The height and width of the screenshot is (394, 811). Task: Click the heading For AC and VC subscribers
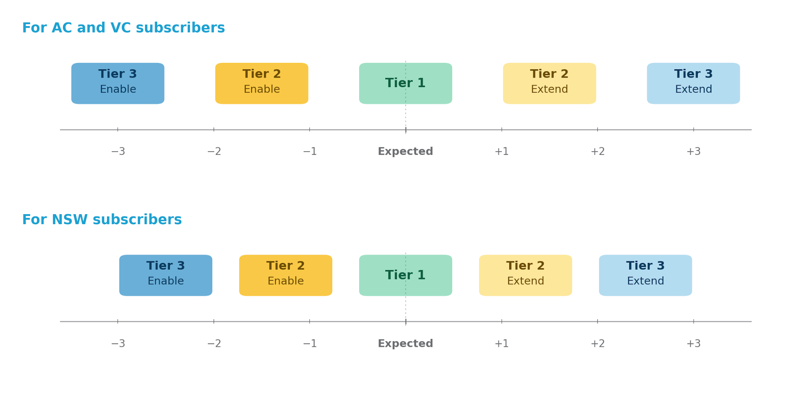[123, 28]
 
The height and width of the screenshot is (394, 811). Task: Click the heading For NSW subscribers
[102, 220]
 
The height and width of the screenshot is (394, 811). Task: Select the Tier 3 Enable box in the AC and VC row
[118, 84]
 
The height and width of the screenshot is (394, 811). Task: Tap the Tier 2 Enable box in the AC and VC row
[261, 84]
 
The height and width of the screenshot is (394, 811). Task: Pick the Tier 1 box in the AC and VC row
[405, 84]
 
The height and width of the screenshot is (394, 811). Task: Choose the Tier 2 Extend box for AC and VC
[549, 84]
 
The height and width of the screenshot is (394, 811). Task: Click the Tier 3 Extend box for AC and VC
[693, 84]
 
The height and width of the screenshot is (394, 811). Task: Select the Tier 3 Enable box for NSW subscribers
[166, 275]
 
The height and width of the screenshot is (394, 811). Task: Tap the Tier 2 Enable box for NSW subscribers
[286, 275]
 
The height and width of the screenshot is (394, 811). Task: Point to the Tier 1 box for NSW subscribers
[405, 275]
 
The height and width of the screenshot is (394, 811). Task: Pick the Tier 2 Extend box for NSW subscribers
[525, 275]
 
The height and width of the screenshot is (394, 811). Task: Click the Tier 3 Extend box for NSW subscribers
[645, 275]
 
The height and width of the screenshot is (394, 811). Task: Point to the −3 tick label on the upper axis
[118, 152]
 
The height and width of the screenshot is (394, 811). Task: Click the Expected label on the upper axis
[405, 152]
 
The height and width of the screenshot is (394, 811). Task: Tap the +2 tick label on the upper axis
[598, 152]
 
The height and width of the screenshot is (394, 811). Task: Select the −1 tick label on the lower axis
[310, 344]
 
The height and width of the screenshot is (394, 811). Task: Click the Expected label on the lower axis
[405, 344]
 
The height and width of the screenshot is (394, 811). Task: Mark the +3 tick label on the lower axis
[693, 344]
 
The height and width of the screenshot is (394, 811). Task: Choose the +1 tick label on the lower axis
[501, 344]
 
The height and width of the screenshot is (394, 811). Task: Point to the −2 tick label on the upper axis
[214, 152]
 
